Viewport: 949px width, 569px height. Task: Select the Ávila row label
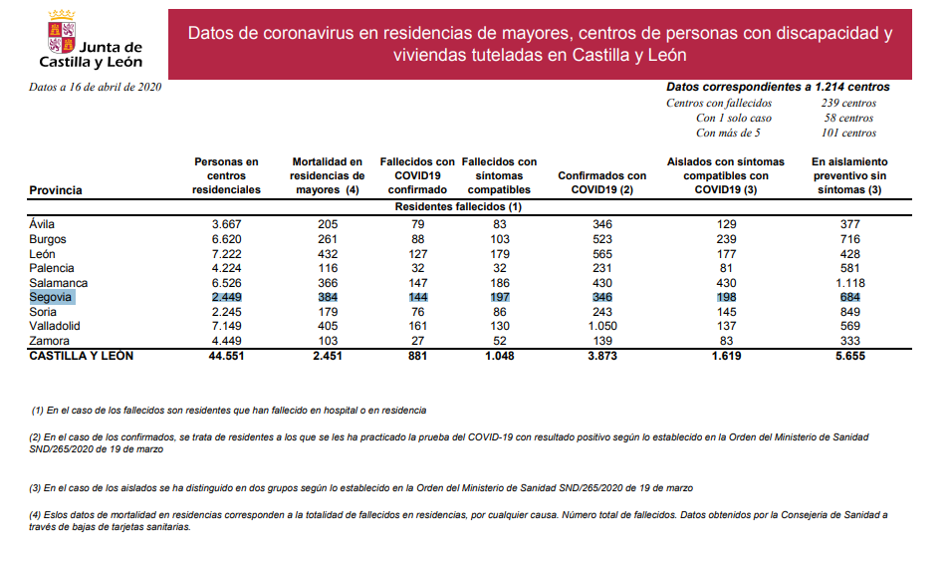tap(43, 224)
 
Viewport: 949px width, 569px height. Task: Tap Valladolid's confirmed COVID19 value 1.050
tap(601, 326)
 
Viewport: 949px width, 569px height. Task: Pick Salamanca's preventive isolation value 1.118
tap(849, 283)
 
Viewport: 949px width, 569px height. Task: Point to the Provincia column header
tap(56, 189)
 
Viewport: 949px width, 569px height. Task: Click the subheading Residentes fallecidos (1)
tap(459, 206)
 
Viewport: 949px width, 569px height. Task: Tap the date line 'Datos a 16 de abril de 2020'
tap(95, 87)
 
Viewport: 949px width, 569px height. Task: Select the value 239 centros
tap(848, 103)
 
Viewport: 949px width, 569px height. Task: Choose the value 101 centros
tap(848, 133)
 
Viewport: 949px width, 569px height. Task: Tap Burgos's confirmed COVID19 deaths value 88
tap(417, 239)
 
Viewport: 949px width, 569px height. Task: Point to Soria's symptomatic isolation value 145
tap(725, 311)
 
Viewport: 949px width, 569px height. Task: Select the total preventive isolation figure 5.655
tap(849, 356)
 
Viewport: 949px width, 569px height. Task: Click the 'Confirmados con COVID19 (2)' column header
tap(601, 182)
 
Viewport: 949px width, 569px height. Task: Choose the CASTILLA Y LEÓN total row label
tap(82, 356)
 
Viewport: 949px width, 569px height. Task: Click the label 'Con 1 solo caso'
tap(733, 118)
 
